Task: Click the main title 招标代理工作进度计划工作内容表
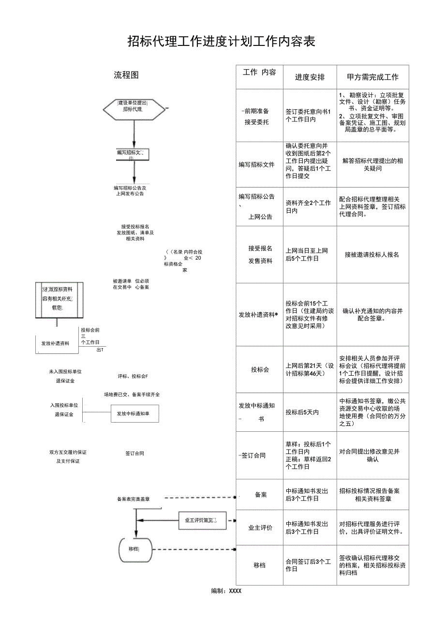[222, 42]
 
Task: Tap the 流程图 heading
[126, 75]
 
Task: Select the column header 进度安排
[310, 77]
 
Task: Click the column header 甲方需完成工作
[373, 77]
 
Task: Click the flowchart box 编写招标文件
[132, 154]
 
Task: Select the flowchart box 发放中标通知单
[134, 414]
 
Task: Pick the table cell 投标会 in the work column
[260, 370]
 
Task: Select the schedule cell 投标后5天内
[302, 412]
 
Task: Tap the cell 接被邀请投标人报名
[372, 254]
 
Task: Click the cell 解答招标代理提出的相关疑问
[372, 165]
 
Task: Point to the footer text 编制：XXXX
[226, 591]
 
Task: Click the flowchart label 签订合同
[134, 454]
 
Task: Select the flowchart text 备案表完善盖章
[133, 498]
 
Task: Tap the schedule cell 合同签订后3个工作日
[308, 565]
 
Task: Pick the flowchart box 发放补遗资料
[55, 343]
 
